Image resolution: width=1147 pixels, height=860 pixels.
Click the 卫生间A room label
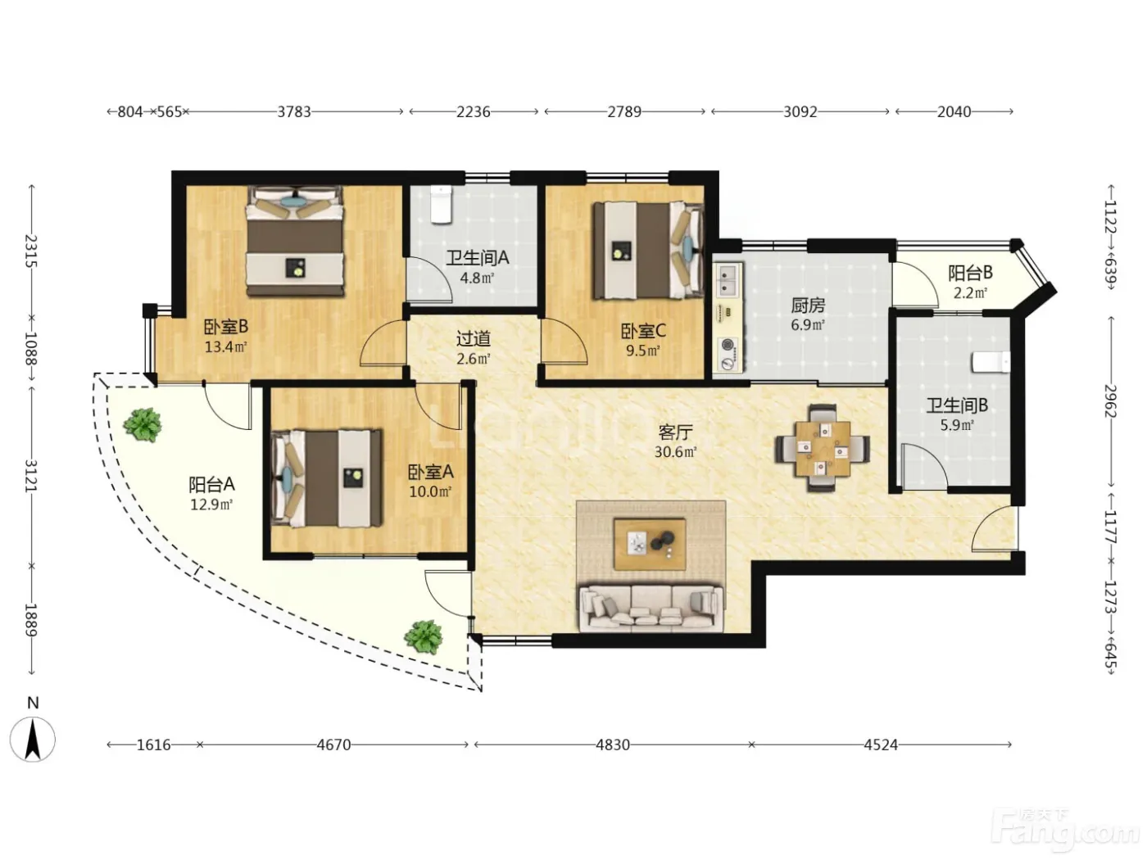point(477,257)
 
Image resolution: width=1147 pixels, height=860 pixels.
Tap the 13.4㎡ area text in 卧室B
point(226,346)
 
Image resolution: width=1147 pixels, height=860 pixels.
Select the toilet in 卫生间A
point(441,205)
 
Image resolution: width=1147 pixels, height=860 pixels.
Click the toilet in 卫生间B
point(991,362)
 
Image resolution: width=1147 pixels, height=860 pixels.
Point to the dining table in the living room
point(822,449)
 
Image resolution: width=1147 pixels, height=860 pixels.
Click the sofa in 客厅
point(651,608)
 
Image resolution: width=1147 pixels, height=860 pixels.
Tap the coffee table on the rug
point(650,544)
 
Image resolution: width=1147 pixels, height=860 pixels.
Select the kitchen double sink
point(728,278)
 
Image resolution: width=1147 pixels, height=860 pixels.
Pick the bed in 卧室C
point(647,251)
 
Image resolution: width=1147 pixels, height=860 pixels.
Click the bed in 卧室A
point(327,478)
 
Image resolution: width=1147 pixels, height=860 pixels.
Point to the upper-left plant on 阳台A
point(143,424)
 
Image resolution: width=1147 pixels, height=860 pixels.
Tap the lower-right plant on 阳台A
point(423,636)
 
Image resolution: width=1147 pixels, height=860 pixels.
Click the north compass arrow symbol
point(33,739)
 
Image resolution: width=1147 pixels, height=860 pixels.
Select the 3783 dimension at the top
point(293,111)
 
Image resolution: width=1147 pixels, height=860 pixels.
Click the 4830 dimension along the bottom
point(613,745)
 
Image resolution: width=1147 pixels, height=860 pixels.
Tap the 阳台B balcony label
point(970,273)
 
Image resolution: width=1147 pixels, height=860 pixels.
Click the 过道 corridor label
point(474,339)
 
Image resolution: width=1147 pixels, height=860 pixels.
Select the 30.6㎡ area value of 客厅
point(675,451)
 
